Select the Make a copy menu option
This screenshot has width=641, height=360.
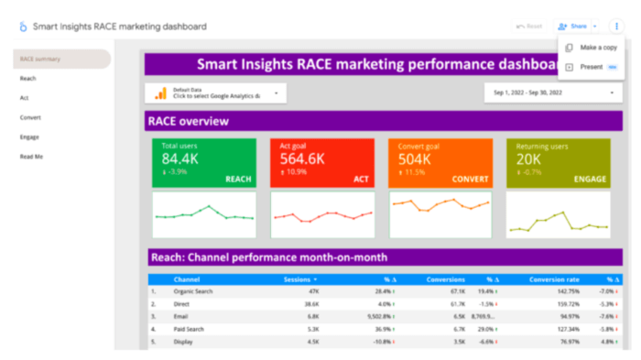[x=598, y=48]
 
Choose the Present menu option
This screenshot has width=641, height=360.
[x=591, y=67]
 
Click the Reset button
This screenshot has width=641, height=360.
[x=528, y=27]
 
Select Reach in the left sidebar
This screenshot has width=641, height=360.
[x=27, y=78]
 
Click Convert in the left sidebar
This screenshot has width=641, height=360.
[x=30, y=117]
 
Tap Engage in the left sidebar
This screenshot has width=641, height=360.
[x=29, y=137]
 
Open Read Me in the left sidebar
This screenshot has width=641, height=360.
[x=31, y=157]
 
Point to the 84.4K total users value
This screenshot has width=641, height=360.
[x=181, y=158]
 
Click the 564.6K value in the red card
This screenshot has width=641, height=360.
[x=302, y=158]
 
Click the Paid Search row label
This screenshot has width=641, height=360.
[x=191, y=329]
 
